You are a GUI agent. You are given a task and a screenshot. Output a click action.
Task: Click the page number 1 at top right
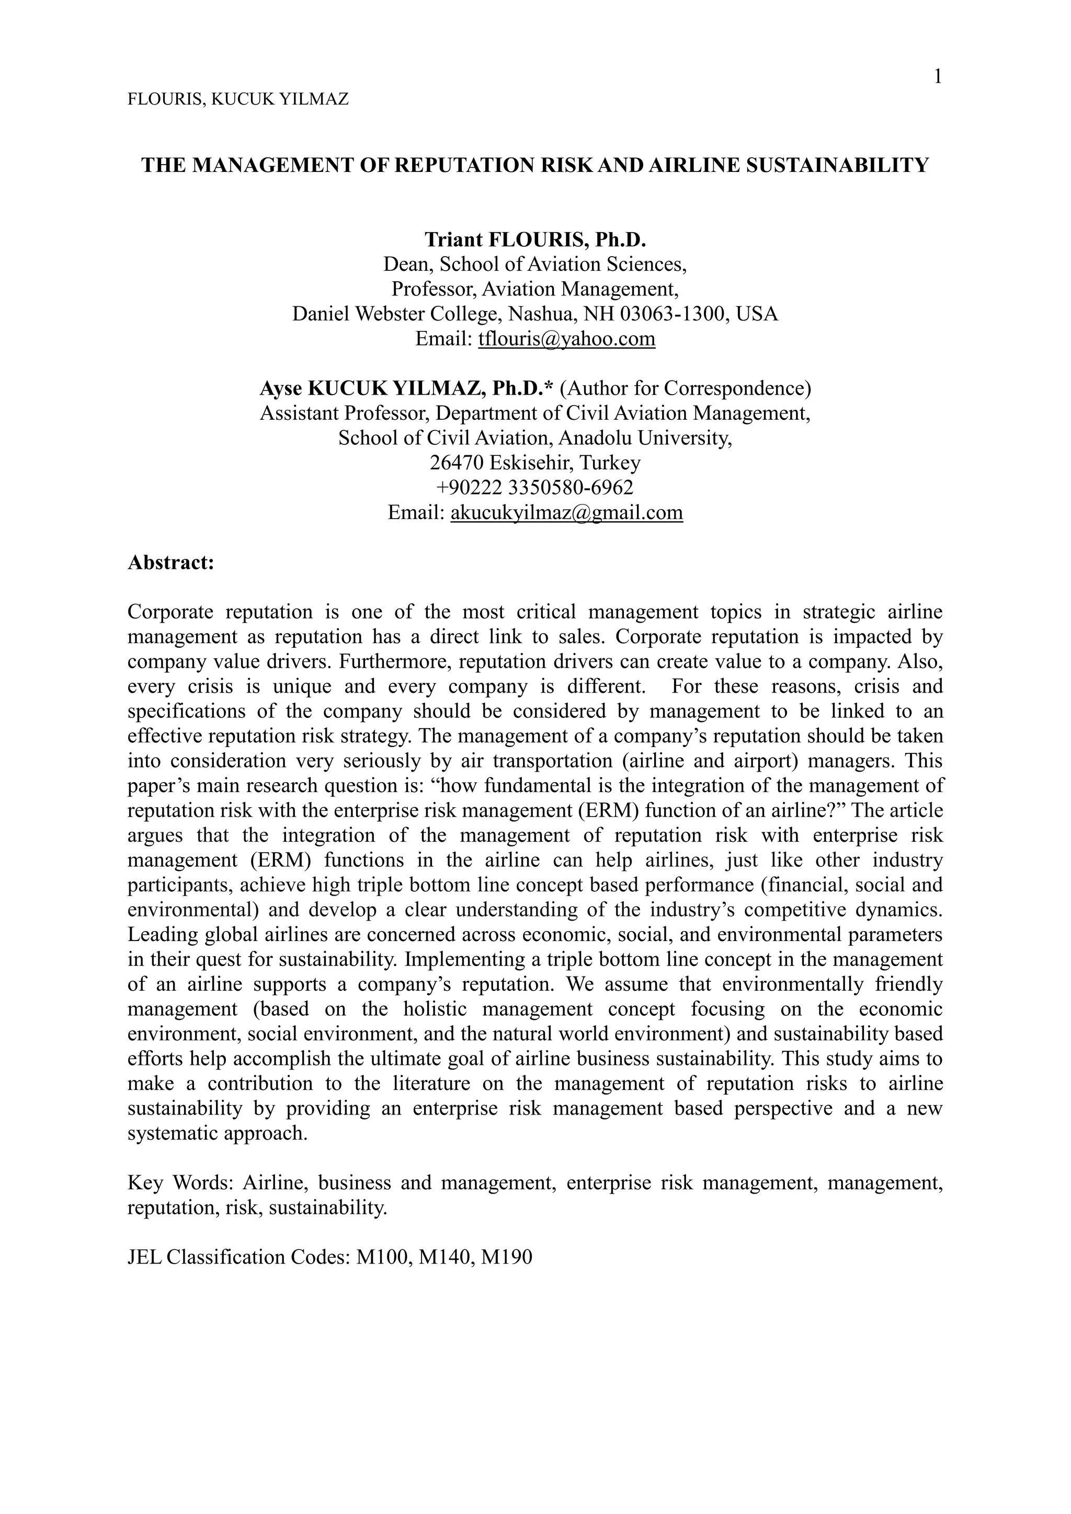[x=938, y=77]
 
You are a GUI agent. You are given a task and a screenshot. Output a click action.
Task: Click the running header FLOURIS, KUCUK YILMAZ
[x=237, y=99]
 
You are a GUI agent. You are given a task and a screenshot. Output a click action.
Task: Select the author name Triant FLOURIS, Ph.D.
[x=535, y=239]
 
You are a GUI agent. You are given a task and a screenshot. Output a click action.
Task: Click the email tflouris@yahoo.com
[x=566, y=339]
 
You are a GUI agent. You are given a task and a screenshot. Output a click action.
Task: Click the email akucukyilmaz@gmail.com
[x=566, y=512]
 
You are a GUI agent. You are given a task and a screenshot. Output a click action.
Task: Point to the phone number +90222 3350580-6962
[x=535, y=487]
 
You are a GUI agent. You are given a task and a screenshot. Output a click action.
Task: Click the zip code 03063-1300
[x=675, y=314]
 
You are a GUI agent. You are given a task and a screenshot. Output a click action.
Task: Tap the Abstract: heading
[x=171, y=563]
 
